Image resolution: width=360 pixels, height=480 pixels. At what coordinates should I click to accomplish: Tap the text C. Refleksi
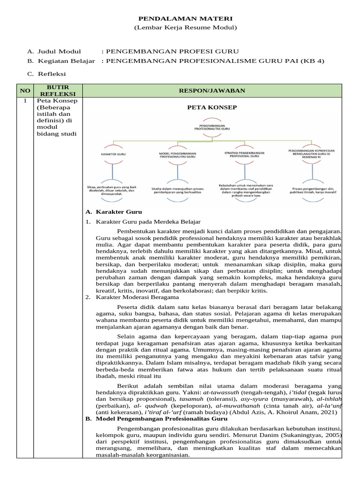(47, 74)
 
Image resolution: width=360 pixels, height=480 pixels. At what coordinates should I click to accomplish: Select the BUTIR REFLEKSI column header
(58, 90)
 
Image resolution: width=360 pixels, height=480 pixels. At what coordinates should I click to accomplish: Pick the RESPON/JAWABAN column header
(212, 90)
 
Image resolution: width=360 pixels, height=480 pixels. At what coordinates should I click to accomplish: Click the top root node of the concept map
(212, 128)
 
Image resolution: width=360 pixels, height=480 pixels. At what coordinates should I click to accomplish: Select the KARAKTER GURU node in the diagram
(113, 154)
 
